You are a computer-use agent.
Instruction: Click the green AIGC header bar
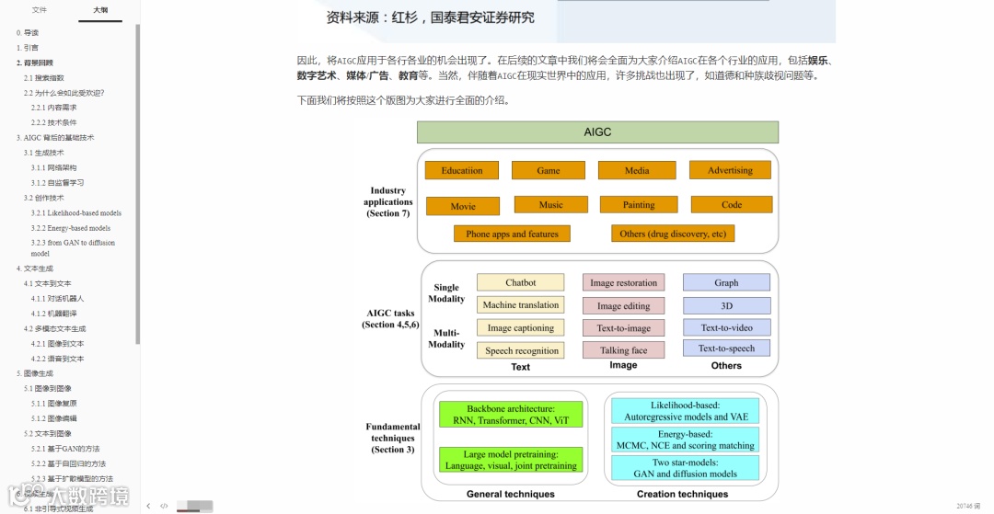coord(597,132)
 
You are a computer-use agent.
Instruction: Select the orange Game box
coord(549,170)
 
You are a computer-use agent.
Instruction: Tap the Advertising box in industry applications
coord(730,170)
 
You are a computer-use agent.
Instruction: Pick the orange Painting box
coord(639,204)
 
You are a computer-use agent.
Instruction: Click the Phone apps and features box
coord(512,234)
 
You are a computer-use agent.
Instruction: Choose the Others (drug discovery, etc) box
coord(673,234)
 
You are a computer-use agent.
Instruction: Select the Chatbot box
coord(520,282)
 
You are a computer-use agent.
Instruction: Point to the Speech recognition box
coord(522,350)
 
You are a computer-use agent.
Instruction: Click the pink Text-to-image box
coord(623,327)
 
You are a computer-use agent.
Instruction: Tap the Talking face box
coord(623,350)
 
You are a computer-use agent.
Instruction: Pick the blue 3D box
coord(726,305)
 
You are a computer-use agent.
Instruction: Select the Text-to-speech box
coord(726,348)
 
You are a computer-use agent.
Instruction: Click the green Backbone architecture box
coord(511,415)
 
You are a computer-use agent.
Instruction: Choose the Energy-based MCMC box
coord(686,440)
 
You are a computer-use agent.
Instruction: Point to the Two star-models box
coord(686,468)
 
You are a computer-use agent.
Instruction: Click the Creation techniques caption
coord(682,494)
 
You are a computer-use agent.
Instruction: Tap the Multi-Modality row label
coord(446,338)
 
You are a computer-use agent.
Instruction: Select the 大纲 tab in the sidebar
coord(100,10)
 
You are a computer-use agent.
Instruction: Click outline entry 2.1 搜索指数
coord(44,77)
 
